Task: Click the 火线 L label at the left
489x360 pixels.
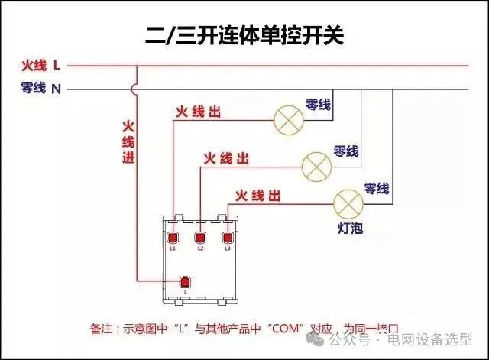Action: click(40, 66)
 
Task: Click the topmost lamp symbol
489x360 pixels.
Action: click(288, 118)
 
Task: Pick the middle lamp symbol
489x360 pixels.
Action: click(316, 164)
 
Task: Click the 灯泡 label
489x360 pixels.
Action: click(350, 228)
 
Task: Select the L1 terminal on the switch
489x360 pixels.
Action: click(173, 236)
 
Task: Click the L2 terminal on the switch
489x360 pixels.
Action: click(200, 236)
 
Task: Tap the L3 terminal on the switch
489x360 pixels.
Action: click(227, 236)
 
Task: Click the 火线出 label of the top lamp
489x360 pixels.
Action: click(198, 112)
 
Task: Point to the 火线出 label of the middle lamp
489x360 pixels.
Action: click(226, 158)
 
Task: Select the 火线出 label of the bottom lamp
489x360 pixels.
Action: click(257, 196)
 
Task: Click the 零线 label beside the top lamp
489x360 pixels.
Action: click(318, 105)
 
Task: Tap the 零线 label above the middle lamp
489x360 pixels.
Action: click(345, 151)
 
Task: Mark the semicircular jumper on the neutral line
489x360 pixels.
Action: click(135, 89)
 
